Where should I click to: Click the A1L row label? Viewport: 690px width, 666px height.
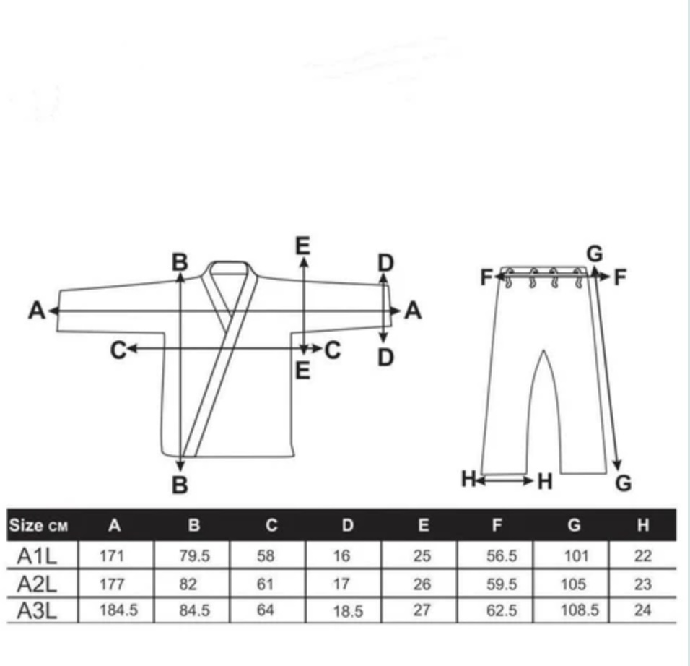(x=37, y=556)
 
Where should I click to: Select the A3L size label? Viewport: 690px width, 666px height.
(x=37, y=611)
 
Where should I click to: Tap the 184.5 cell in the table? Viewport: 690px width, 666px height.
(x=118, y=610)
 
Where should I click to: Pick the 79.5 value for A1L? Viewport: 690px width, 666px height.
(x=194, y=556)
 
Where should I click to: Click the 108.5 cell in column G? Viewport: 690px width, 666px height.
(x=580, y=610)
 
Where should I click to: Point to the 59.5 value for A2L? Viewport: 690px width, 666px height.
(x=502, y=584)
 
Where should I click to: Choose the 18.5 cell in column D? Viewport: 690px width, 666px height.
(x=348, y=611)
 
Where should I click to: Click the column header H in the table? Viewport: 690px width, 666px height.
(x=643, y=525)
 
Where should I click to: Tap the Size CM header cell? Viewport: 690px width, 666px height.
(x=39, y=525)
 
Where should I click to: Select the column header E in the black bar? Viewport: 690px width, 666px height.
(x=424, y=525)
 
